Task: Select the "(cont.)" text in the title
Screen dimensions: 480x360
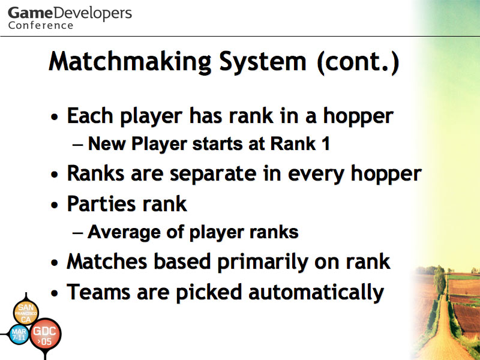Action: pos(358,62)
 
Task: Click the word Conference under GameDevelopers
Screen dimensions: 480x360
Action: pos(41,25)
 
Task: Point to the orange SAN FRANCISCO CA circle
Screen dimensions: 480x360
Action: pos(26,312)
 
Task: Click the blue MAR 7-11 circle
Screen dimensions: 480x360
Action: pos(19,334)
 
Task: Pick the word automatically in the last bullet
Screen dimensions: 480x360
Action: pos(316,292)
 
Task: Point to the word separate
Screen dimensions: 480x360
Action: pos(213,174)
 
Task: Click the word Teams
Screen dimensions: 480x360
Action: pos(98,292)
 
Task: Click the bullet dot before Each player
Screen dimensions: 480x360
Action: pos(55,116)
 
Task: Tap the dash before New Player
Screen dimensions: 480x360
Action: pos(78,145)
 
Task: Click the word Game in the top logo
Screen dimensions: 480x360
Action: pos(31,13)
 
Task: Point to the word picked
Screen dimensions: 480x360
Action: pos(209,292)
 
